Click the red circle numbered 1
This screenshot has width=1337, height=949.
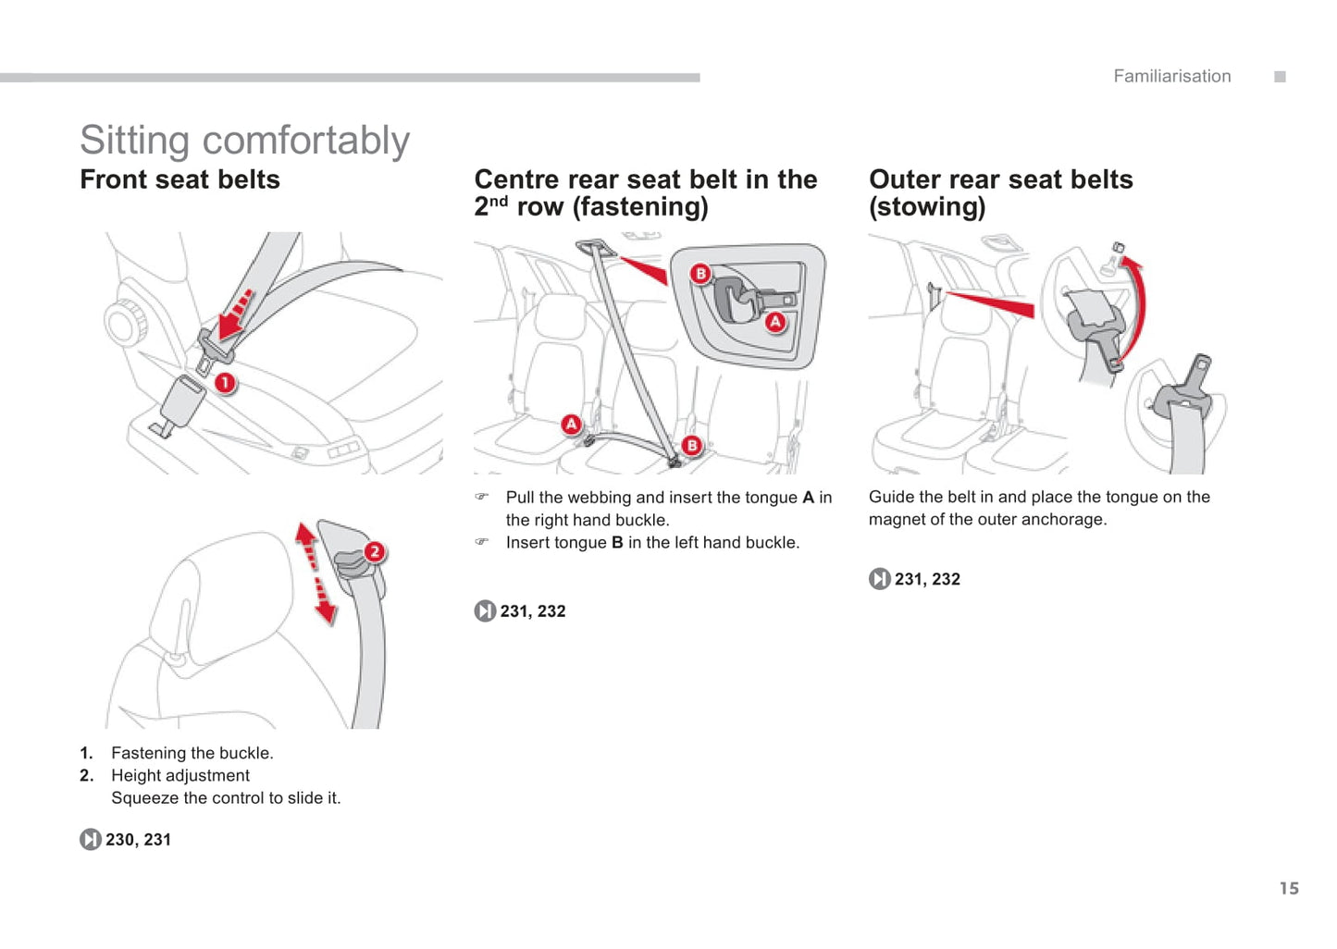pyautogui.click(x=225, y=383)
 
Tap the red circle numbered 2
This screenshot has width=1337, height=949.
pyautogui.click(x=374, y=552)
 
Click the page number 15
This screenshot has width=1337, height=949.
pyautogui.click(x=1289, y=888)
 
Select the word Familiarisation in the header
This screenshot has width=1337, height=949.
pyautogui.click(x=1171, y=77)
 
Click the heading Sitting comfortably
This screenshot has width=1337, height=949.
pyautogui.click(x=244, y=141)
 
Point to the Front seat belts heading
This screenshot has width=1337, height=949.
pyautogui.click(x=180, y=179)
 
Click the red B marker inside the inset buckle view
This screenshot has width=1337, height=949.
pyautogui.click(x=700, y=274)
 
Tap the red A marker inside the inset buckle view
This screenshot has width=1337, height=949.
pyautogui.click(x=775, y=322)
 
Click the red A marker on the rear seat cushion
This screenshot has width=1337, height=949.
pyautogui.click(x=572, y=425)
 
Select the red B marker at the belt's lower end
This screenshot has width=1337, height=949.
pyautogui.click(x=692, y=446)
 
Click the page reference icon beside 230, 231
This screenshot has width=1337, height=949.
pyautogui.click(x=90, y=839)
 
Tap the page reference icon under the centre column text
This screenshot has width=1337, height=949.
pyautogui.click(x=485, y=611)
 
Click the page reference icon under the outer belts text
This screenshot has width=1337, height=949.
pyautogui.click(x=879, y=579)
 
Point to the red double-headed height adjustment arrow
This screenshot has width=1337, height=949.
pyautogui.click(x=315, y=573)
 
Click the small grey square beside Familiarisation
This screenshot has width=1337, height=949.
pyautogui.click(x=1280, y=77)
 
